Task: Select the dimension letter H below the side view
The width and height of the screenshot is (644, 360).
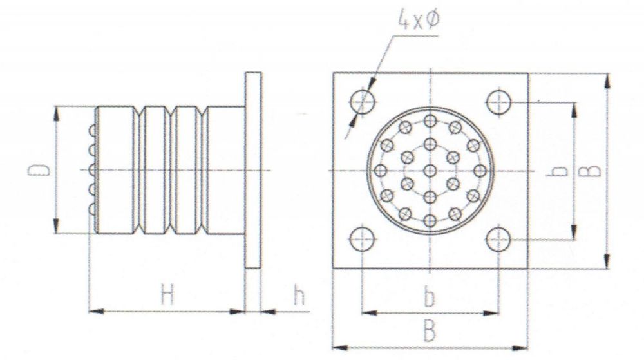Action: tap(167, 296)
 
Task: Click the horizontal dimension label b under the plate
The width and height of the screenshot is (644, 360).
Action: tap(430, 298)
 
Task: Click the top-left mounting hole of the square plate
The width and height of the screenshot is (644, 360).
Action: tap(363, 101)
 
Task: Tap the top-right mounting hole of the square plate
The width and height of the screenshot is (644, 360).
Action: tap(498, 101)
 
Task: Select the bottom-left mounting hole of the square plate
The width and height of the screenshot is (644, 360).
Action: tap(363, 240)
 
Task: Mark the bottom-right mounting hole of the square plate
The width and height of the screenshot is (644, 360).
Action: tap(498, 240)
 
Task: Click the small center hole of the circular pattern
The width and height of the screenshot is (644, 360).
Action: tap(430, 171)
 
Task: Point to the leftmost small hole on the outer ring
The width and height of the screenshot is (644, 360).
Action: tap(380, 171)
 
